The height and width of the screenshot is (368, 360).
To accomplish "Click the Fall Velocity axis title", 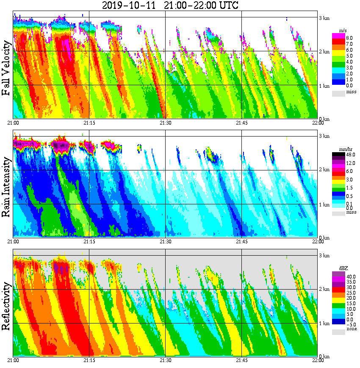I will pyautogui.click(x=6, y=68).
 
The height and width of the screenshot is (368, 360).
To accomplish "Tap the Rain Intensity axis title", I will pyautogui.click(x=6, y=187).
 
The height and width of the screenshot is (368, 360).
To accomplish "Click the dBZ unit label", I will pyautogui.click(x=343, y=268).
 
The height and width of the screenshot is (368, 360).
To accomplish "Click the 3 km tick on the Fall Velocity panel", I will pyautogui.click(x=324, y=18).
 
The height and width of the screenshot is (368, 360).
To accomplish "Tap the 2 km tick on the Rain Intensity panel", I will pyautogui.click(x=324, y=170).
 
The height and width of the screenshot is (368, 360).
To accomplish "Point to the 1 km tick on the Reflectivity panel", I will pyautogui.click(x=324, y=323).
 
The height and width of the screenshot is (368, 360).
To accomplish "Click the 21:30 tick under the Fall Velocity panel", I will pyautogui.click(x=165, y=123).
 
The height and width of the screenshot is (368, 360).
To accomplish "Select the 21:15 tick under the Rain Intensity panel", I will pyautogui.click(x=89, y=241).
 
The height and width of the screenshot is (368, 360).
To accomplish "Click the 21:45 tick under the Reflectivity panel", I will pyautogui.click(x=241, y=360).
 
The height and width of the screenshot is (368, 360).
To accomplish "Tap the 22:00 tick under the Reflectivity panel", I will pyautogui.click(x=318, y=360).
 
